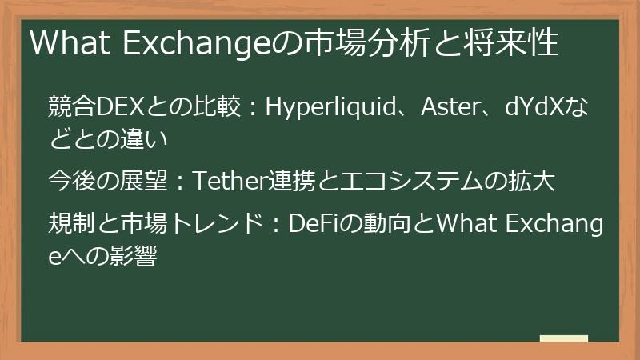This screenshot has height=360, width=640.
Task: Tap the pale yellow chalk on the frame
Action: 563,339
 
